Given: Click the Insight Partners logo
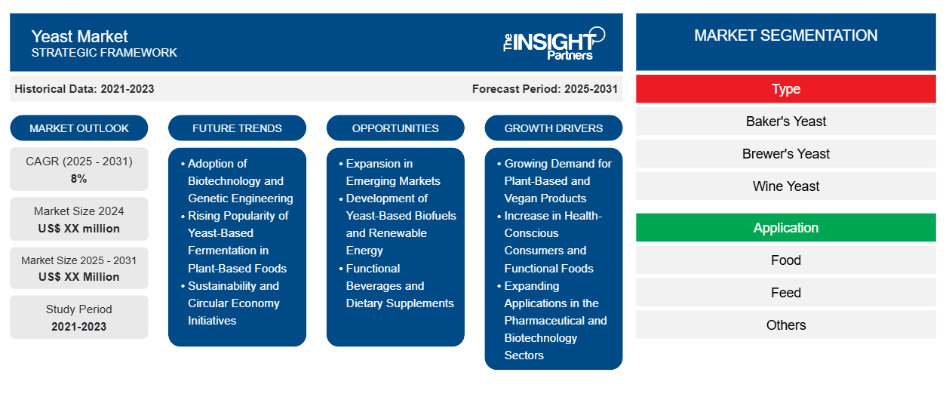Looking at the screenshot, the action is [x=554, y=44].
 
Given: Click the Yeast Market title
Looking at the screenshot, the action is [x=79, y=37].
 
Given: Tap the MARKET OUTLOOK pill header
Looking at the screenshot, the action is [x=79, y=128].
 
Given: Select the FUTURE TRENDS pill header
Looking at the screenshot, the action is [x=237, y=128].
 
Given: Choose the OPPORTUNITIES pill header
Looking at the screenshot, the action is [x=395, y=128].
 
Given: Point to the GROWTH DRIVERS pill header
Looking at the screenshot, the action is [x=553, y=128].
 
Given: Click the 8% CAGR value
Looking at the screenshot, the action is [x=79, y=179].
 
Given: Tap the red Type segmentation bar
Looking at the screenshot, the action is [x=786, y=89].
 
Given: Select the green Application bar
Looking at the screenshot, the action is [x=786, y=228].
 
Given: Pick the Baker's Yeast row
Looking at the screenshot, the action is [x=786, y=122].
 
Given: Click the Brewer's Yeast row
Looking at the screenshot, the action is [x=786, y=154].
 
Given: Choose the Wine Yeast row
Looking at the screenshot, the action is [x=786, y=186].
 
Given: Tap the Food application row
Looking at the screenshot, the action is [x=786, y=260].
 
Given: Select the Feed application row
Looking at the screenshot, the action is [x=786, y=293].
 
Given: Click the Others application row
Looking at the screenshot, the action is [x=786, y=325].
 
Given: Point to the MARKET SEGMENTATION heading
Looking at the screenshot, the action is [x=786, y=35].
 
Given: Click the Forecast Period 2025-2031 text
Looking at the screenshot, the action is [x=545, y=89].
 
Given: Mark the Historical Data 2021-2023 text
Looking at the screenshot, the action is [x=84, y=89].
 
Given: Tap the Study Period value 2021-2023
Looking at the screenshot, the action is [x=79, y=327].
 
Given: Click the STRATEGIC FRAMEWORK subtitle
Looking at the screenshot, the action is [x=104, y=53].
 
